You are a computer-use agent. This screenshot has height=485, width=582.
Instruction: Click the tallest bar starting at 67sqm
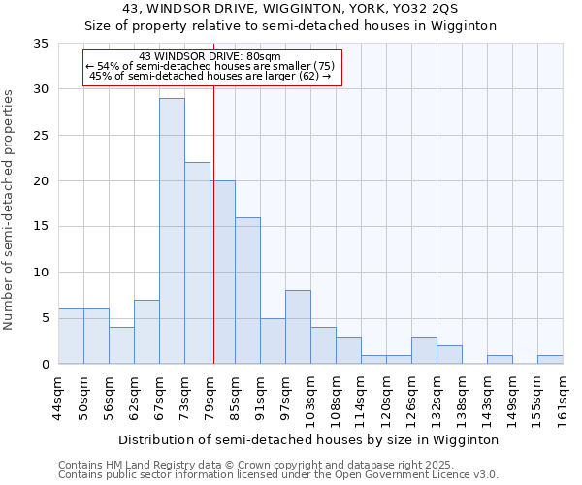click(x=172, y=231)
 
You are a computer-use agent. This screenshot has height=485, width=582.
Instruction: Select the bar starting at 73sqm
click(x=197, y=263)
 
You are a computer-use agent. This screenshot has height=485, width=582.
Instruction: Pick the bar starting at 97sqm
click(x=298, y=327)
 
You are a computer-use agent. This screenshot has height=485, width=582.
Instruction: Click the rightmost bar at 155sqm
click(x=550, y=359)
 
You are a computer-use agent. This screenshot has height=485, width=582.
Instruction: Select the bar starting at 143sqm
click(x=500, y=359)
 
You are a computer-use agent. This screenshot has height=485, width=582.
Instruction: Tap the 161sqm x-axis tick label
click(x=564, y=399)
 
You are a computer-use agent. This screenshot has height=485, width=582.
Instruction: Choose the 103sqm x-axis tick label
click(x=311, y=399)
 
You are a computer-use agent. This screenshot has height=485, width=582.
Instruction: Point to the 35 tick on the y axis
click(x=41, y=44)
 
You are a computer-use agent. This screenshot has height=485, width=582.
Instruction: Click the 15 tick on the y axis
click(x=41, y=227)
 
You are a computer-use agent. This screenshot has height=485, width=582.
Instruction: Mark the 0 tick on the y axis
click(x=45, y=365)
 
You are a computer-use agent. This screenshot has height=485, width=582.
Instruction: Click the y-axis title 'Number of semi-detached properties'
click(x=10, y=210)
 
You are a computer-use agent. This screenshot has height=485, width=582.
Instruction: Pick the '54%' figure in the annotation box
click(x=109, y=66)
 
